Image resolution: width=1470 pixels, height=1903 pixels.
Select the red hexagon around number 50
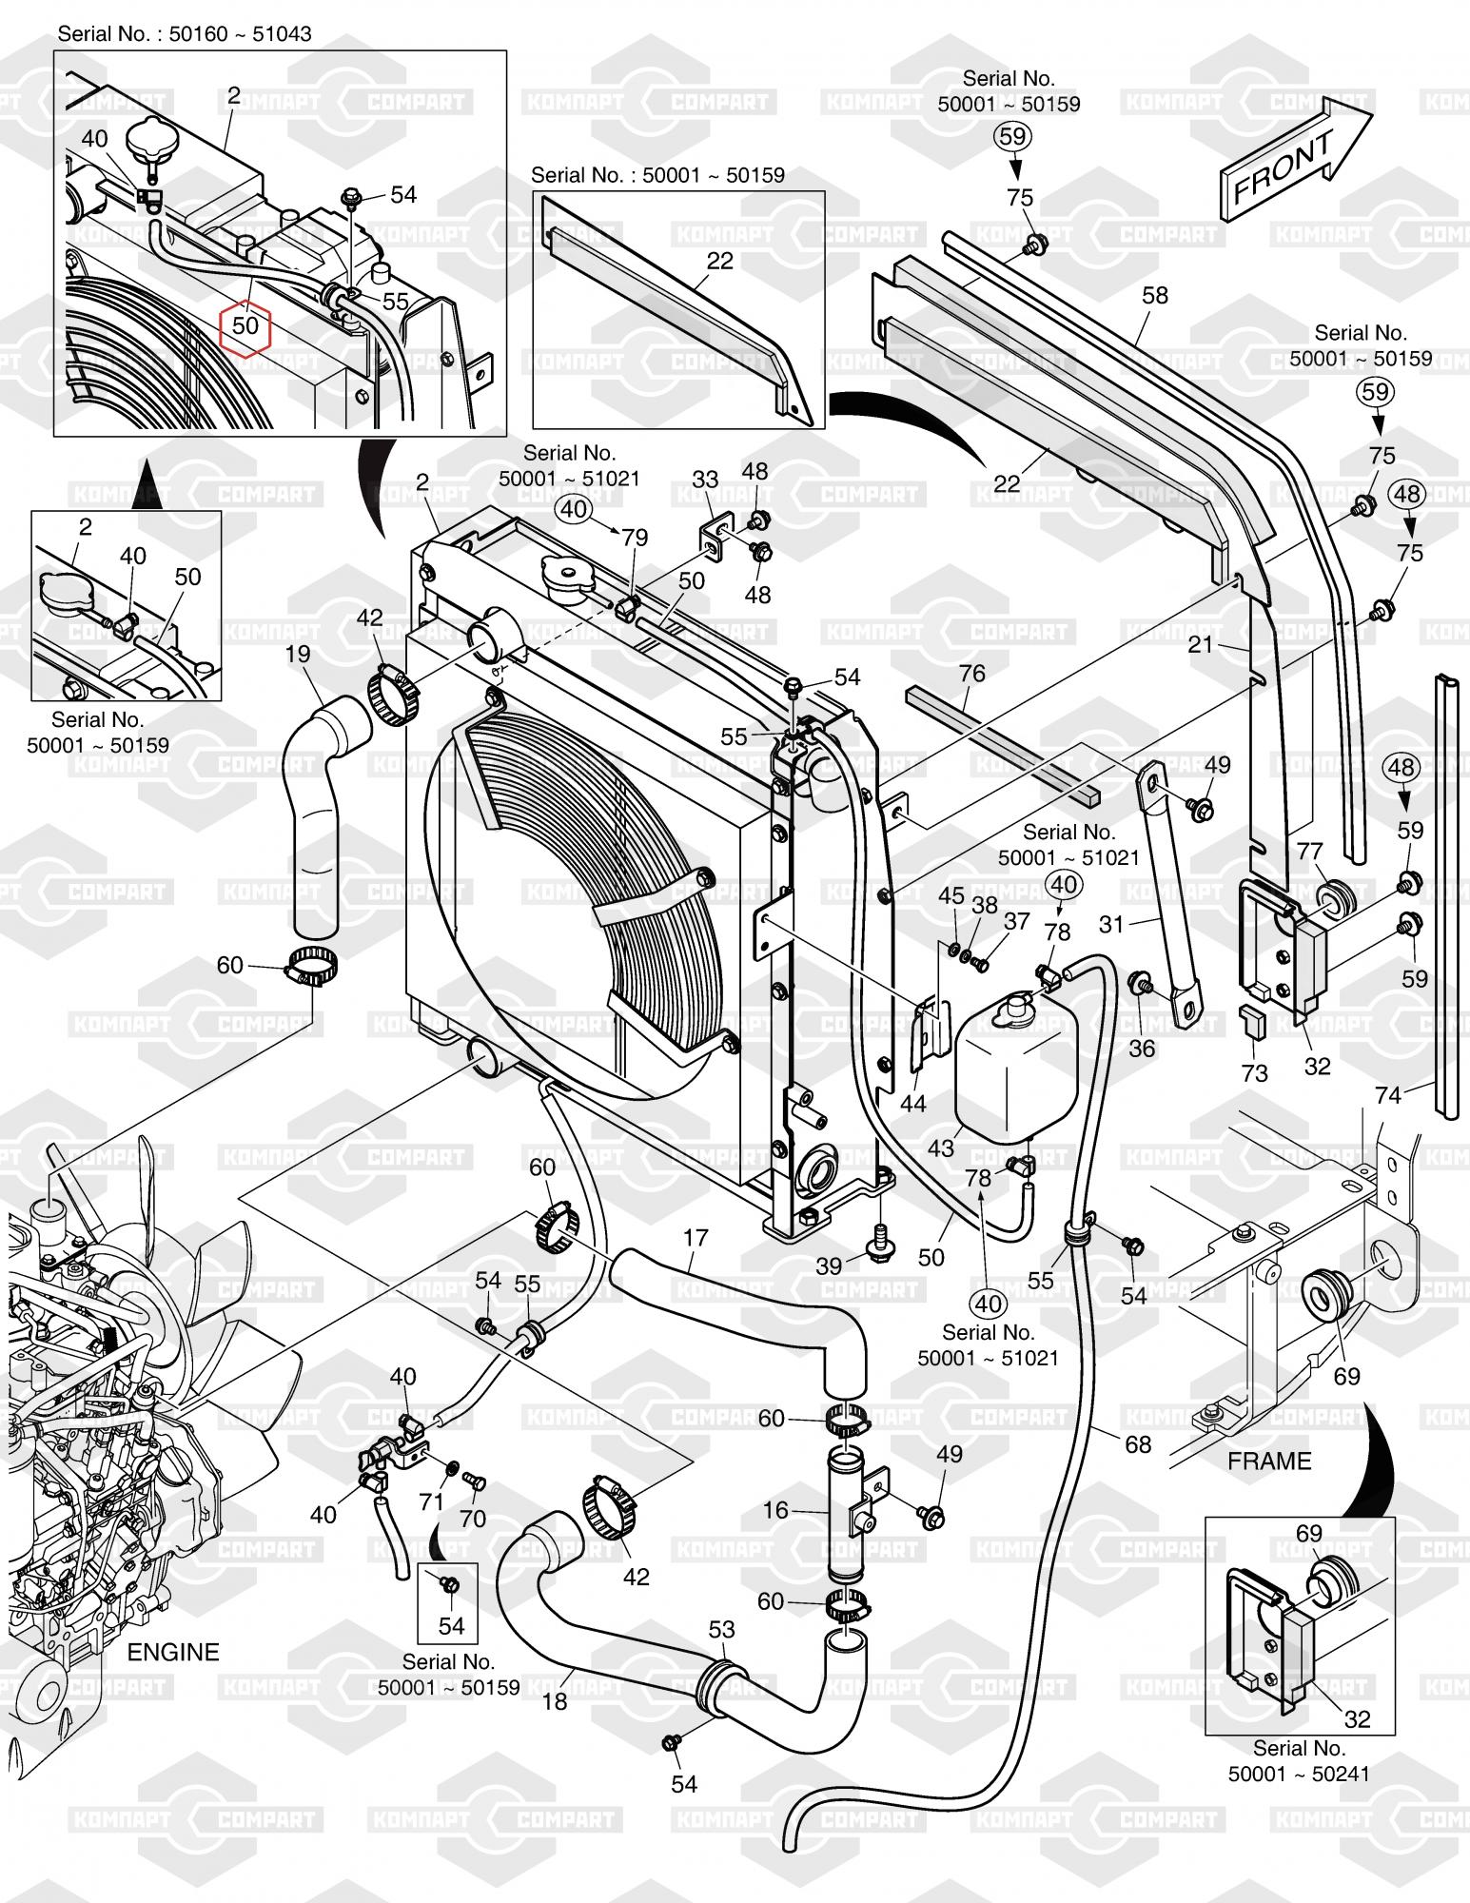pos(245,325)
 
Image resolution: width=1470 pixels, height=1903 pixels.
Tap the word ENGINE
pos(173,1651)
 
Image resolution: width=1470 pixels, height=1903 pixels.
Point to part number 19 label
pos(298,653)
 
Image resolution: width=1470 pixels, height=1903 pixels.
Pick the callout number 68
pos(1138,1443)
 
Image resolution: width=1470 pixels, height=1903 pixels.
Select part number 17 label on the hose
pos(696,1238)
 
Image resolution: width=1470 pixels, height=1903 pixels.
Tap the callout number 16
pos(776,1510)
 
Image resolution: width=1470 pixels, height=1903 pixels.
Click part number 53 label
pos(722,1629)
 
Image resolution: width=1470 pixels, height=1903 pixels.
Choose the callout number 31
pos(1110,923)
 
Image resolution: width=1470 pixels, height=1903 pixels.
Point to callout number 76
pos(971,673)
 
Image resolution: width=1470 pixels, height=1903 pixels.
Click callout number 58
pos(1155,295)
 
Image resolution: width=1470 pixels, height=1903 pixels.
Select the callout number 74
pos(1388,1095)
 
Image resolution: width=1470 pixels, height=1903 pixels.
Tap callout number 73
pos(1255,1073)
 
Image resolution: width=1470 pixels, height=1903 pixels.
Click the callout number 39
pos(829,1265)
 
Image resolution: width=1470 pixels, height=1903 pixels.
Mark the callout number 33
pos(705,480)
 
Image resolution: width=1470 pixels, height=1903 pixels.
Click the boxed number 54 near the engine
pos(451,1625)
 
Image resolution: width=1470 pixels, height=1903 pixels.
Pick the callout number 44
pos(912,1104)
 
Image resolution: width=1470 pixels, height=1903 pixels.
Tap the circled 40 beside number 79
pos(574,509)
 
